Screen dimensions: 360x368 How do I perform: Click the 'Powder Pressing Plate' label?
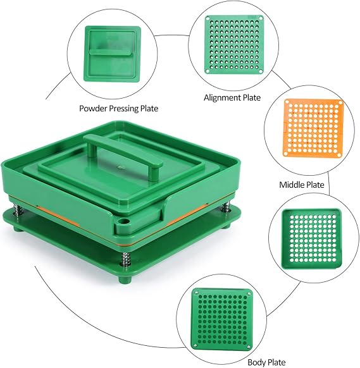click(x=118, y=108)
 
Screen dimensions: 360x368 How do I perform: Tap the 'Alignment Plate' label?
click(x=232, y=97)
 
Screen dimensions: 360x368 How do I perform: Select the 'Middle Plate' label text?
click(x=302, y=185)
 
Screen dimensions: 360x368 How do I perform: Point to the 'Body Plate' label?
click(x=266, y=362)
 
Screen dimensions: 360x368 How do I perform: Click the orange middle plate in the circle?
click(x=314, y=128)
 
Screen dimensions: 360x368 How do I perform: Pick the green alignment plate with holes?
click(x=234, y=45)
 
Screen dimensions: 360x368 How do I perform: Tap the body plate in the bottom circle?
click(x=222, y=319)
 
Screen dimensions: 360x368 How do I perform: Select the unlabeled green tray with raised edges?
click(x=311, y=238)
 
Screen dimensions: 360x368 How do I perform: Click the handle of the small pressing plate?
click(x=110, y=52)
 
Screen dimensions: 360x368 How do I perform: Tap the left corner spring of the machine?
click(x=18, y=209)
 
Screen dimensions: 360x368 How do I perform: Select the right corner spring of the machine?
click(x=225, y=207)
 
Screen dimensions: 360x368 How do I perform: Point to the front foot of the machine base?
click(x=125, y=279)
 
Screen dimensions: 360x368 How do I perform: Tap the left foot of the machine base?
click(x=18, y=228)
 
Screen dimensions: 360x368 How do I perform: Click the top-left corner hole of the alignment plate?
click(x=208, y=18)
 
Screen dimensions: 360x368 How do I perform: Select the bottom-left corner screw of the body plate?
click(x=196, y=345)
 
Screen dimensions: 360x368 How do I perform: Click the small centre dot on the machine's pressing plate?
click(x=121, y=168)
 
